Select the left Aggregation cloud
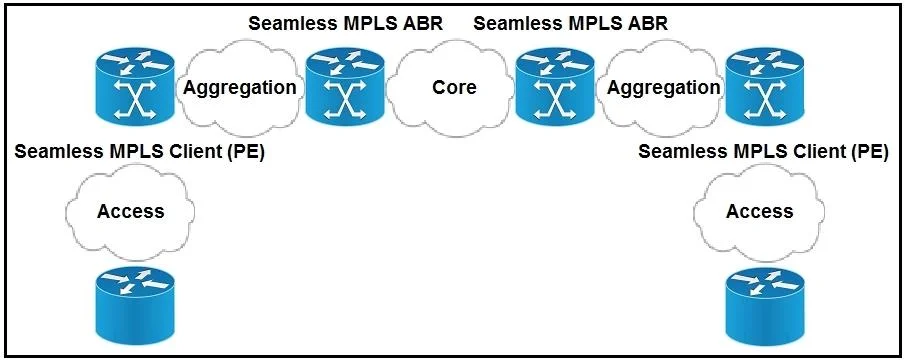pyautogui.click(x=239, y=87)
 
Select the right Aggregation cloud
pyautogui.click(x=663, y=87)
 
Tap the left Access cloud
pyautogui.click(x=130, y=211)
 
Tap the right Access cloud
pyautogui.click(x=758, y=211)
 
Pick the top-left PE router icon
pyautogui.click(x=134, y=87)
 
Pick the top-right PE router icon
pyautogui.click(x=764, y=87)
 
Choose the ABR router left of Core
pyautogui.click(x=345, y=87)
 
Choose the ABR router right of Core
pyautogui.click(x=555, y=87)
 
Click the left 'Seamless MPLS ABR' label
pyautogui.click(x=345, y=24)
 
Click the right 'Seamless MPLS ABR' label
pyautogui.click(x=570, y=24)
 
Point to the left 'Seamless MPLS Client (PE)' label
pyautogui.click(x=139, y=152)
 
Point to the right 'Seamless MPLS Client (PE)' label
pyautogui.click(x=764, y=152)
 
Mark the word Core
pyautogui.click(x=455, y=87)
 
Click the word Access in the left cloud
pyautogui.click(x=130, y=211)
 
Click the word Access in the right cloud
pyautogui.click(x=759, y=211)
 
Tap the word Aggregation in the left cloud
pyautogui.click(x=240, y=88)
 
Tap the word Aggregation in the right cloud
pyautogui.click(x=664, y=88)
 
